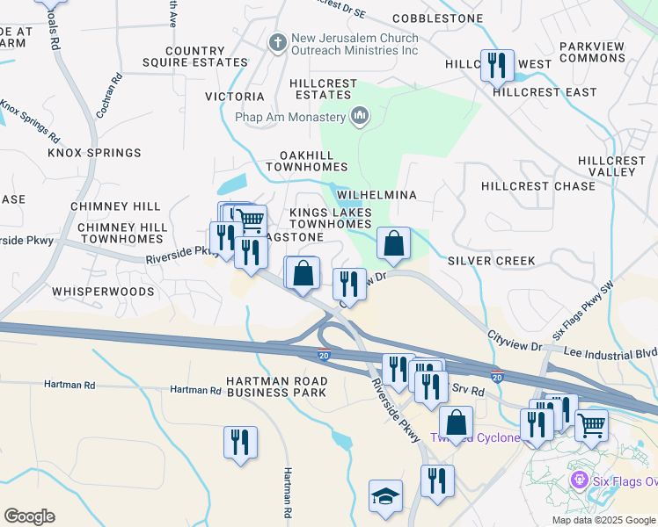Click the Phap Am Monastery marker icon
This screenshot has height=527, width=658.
(359, 116)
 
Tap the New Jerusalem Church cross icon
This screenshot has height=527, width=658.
(278, 42)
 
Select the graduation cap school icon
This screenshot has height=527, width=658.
(385, 496)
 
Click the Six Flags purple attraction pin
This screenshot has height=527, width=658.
(578, 480)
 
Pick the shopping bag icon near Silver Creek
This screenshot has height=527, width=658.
(394, 242)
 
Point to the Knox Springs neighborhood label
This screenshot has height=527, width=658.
(94, 153)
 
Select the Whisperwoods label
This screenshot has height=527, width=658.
(103, 291)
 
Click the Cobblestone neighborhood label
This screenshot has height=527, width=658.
(437, 18)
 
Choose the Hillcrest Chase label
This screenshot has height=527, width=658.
(538, 186)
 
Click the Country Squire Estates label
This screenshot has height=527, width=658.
(194, 57)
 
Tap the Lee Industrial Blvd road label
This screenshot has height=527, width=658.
(611, 350)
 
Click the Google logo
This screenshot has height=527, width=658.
(29, 516)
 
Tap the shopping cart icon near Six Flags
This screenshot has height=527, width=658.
(591, 424)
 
